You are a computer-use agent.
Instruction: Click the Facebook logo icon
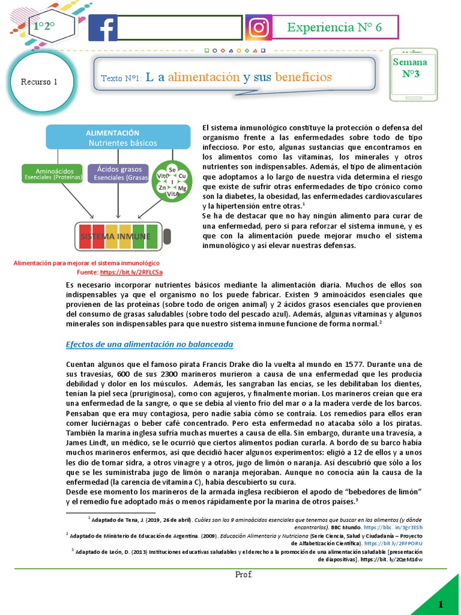coord(103,28)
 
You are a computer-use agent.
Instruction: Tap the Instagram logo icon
coord(258,28)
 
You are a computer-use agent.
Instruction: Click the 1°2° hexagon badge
coord(44,26)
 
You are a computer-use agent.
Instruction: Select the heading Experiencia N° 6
coord(334,27)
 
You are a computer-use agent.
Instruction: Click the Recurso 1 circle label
coord(39,82)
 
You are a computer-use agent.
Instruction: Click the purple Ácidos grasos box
coord(119,174)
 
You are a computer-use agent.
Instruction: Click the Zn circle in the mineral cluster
coord(162,188)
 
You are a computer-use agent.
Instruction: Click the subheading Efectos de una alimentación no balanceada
coord(148,344)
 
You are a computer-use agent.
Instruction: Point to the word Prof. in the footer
coord(243,575)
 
